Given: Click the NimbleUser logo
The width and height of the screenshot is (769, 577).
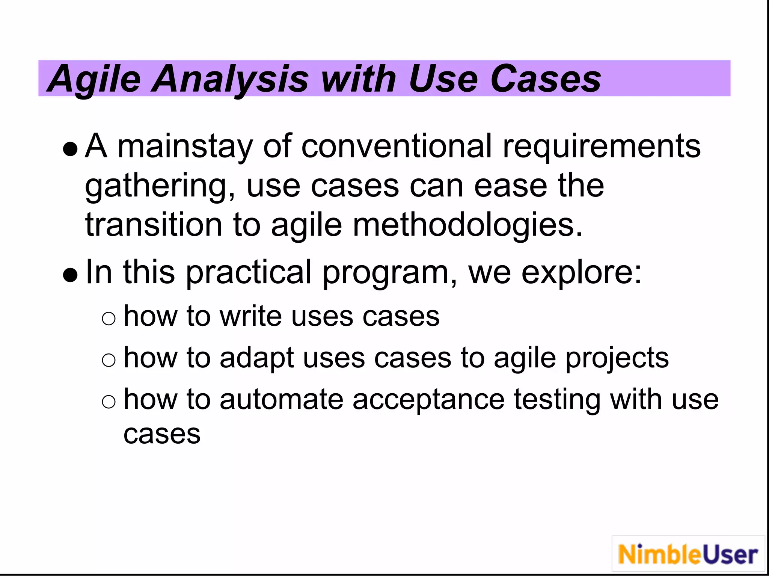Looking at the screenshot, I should tap(688, 554).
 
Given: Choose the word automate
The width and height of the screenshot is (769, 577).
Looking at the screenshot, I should tap(281, 399).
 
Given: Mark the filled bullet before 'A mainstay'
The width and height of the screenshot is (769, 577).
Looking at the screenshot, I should tap(71, 149).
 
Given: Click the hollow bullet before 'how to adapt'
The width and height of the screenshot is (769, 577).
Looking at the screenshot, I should tap(109, 361).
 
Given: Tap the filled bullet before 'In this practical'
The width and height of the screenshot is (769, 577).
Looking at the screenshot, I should tap(71, 275).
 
